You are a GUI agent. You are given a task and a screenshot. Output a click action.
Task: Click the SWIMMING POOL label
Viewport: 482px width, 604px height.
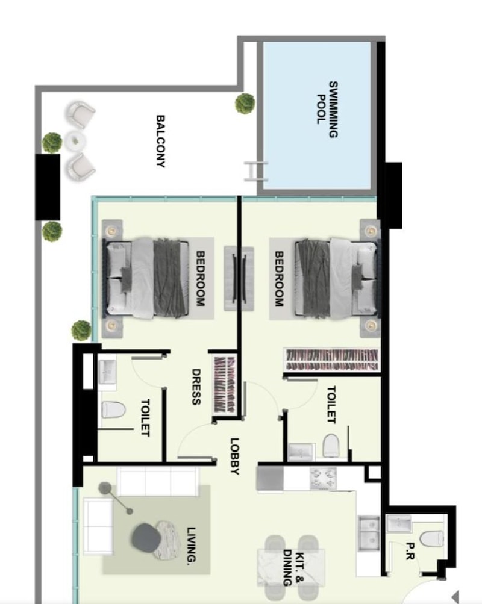[327, 109]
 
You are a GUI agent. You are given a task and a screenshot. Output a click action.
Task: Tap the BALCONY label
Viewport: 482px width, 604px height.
[161, 141]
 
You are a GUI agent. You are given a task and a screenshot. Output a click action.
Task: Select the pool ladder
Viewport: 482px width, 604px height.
[255, 171]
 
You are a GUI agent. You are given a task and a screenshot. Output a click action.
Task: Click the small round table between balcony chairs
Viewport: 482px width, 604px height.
[75, 142]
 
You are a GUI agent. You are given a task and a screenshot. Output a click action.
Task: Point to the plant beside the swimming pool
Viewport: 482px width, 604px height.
[245, 103]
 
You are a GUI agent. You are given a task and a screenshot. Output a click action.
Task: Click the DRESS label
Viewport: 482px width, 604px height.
[196, 387]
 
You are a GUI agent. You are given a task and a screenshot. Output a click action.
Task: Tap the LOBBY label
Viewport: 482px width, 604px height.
[234, 456]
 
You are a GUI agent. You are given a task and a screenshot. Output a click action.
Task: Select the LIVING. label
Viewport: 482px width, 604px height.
[191, 546]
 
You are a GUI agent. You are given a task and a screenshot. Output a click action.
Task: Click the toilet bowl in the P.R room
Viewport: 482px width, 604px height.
[431, 538]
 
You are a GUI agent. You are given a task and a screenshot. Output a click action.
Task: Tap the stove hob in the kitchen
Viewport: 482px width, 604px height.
[323, 478]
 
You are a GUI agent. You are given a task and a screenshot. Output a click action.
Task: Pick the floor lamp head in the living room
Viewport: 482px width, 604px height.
[104, 488]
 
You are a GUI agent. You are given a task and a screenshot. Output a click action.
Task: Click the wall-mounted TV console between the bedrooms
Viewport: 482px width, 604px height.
[239, 278]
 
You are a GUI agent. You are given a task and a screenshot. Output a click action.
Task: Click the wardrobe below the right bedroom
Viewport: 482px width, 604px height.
[332, 360]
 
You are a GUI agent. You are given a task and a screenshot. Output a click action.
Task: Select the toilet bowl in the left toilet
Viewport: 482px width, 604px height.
[113, 410]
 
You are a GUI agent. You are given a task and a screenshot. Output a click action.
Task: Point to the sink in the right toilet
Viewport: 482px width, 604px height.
[301, 452]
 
